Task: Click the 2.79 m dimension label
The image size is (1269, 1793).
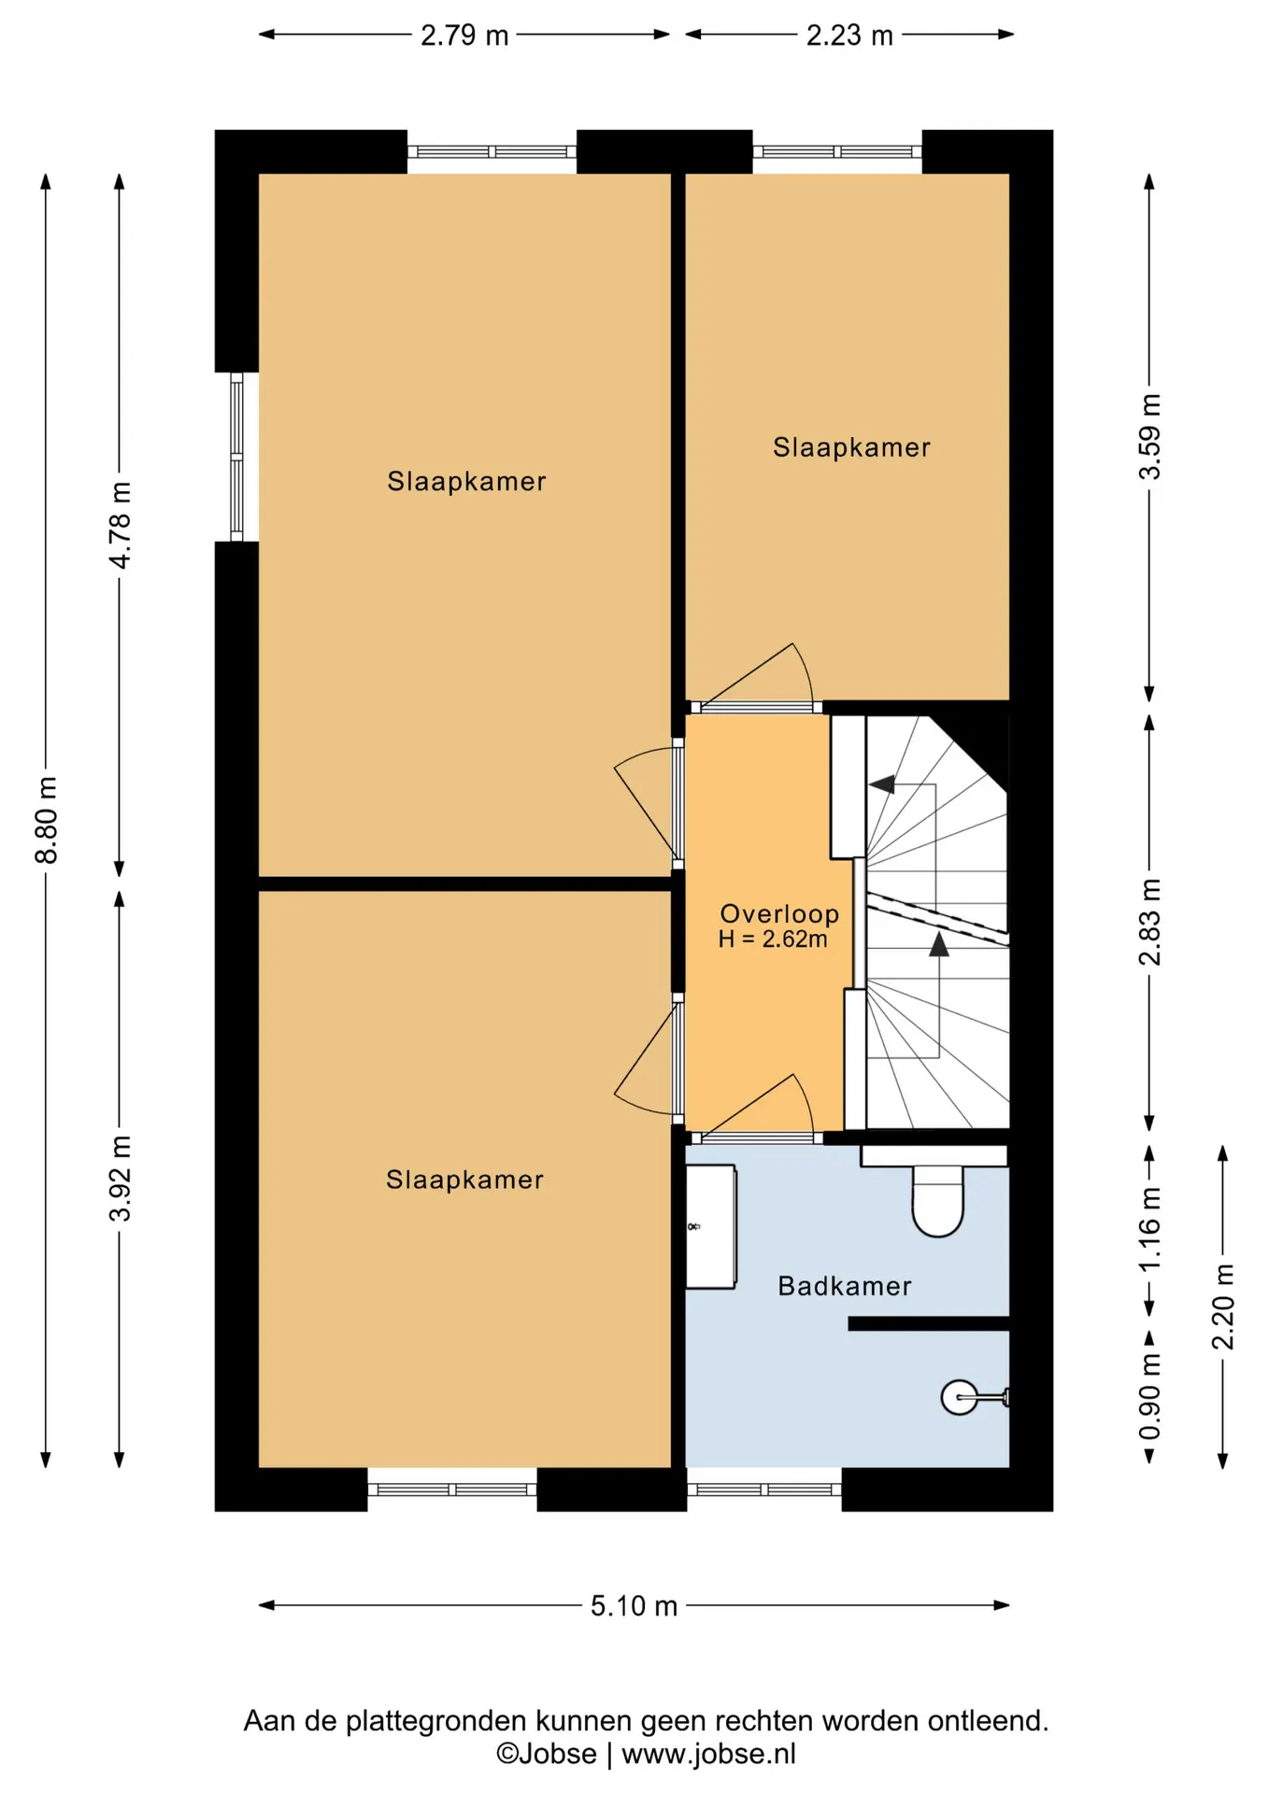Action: coord(463,35)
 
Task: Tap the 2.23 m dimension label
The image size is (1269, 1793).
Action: coord(849,35)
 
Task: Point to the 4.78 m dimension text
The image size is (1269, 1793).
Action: coord(120,525)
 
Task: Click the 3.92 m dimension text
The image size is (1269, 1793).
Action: coord(120,1179)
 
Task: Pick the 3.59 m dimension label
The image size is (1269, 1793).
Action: coord(1149,437)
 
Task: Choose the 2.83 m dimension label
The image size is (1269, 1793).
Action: coord(1149,921)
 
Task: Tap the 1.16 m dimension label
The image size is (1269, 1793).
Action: coord(1149,1228)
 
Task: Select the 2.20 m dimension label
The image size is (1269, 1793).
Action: coord(1223,1306)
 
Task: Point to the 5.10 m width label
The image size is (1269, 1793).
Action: coord(634,1605)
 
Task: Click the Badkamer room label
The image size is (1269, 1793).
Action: coord(845,1286)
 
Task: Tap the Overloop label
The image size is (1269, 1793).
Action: coord(779,913)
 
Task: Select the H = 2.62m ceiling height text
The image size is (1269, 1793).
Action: coord(773,939)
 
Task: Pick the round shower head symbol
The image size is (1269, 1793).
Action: coord(959,1397)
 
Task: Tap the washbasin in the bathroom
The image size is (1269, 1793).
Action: coord(710,1227)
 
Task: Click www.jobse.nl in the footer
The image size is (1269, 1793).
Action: coord(708,1754)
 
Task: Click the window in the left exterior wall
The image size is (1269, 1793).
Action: coord(236,457)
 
